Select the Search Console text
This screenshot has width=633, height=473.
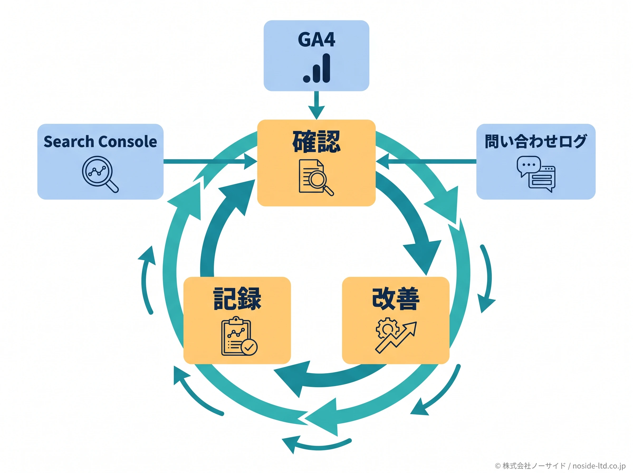click(x=100, y=141)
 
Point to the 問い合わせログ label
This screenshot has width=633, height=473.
click(x=535, y=141)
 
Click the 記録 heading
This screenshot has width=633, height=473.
click(x=237, y=299)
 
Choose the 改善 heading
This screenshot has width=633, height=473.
click(x=396, y=299)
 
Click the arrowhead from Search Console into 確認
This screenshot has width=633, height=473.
click(x=250, y=162)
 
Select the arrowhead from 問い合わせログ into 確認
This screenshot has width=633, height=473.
click(x=383, y=162)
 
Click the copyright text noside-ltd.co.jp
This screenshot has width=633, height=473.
click(x=599, y=466)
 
